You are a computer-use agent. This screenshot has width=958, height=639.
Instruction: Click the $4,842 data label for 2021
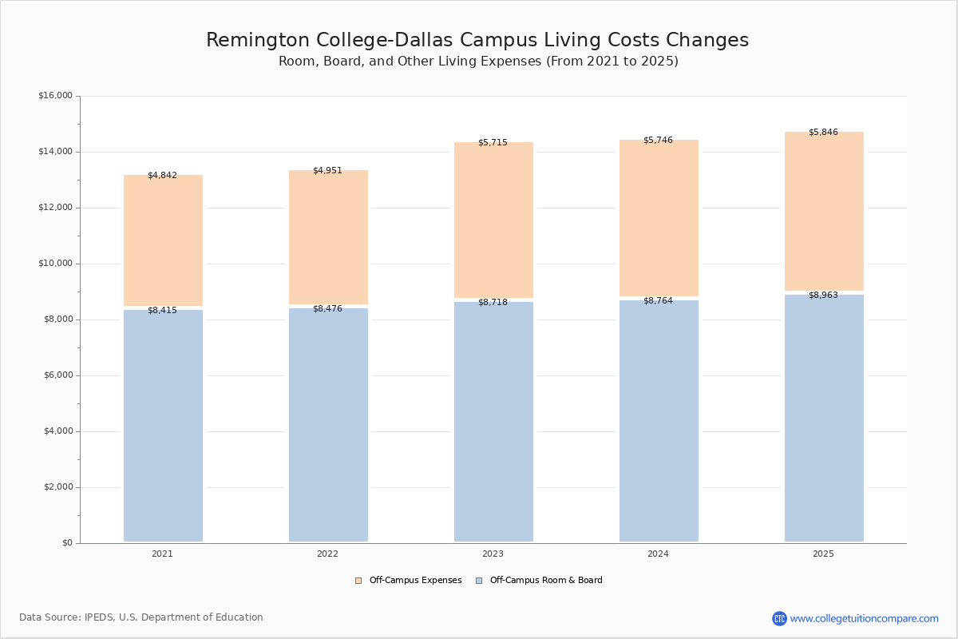click(162, 175)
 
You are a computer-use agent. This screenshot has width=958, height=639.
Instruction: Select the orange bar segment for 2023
click(493, 220)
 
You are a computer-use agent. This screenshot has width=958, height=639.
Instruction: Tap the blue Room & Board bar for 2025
click(824, 419)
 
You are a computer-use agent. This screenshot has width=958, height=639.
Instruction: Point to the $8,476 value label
click(327, 308)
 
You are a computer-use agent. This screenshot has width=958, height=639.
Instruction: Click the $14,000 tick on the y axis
click(55, 152)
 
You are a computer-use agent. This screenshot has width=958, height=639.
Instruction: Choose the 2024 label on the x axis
click(658, 554)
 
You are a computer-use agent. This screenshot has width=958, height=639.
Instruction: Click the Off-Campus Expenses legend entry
click(409, 581)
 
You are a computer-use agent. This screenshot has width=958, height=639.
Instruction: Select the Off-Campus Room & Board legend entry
click(540, 581)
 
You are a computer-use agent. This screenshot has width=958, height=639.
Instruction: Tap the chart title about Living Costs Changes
click(477, 40)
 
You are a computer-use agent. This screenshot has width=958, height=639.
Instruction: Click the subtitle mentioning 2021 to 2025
click(478, 62)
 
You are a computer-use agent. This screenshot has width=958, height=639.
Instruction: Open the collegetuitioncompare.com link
click(864, 618)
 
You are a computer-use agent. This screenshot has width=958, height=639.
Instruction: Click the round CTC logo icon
click(779, 618)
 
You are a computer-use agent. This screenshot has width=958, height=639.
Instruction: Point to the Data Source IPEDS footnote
click(141, 617)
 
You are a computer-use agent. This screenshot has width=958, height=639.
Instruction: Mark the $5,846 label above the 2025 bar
click(823, 132)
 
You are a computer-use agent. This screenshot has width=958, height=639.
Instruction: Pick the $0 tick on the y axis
click(68, 543)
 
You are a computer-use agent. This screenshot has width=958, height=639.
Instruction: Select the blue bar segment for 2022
click(328, 425)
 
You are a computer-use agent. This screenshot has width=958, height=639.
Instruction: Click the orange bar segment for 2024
click(659, 218)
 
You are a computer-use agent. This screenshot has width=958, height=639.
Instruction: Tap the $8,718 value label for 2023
click(493, 302)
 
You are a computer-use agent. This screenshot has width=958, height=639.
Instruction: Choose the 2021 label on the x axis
click(162, 554)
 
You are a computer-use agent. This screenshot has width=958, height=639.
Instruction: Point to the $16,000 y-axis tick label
click(55, 95)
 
